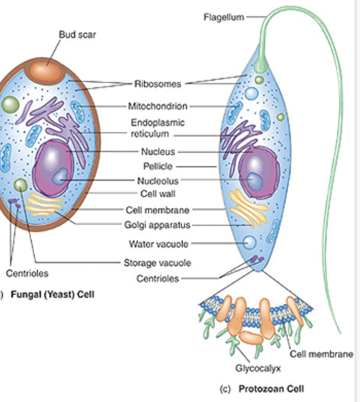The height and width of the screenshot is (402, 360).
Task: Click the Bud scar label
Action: coord(77,35)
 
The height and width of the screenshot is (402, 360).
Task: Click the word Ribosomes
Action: coord(158,84)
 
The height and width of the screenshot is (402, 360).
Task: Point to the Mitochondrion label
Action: coord(157,106)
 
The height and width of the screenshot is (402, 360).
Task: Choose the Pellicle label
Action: coord(158,167)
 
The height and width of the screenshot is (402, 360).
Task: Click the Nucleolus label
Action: coord(157,181)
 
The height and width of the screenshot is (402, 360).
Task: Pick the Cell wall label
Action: coord(158,193)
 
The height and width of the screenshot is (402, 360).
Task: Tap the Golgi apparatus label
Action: coord(158,224)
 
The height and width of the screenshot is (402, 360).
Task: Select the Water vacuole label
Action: coord(158,244)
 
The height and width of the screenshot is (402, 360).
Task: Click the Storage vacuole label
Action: coord(157,263)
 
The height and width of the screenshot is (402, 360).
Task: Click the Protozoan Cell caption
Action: coord(271,389)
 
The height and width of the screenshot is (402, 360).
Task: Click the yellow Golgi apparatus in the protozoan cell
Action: coord(248,207)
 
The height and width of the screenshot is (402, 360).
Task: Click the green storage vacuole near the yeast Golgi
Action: coord(20,186)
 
